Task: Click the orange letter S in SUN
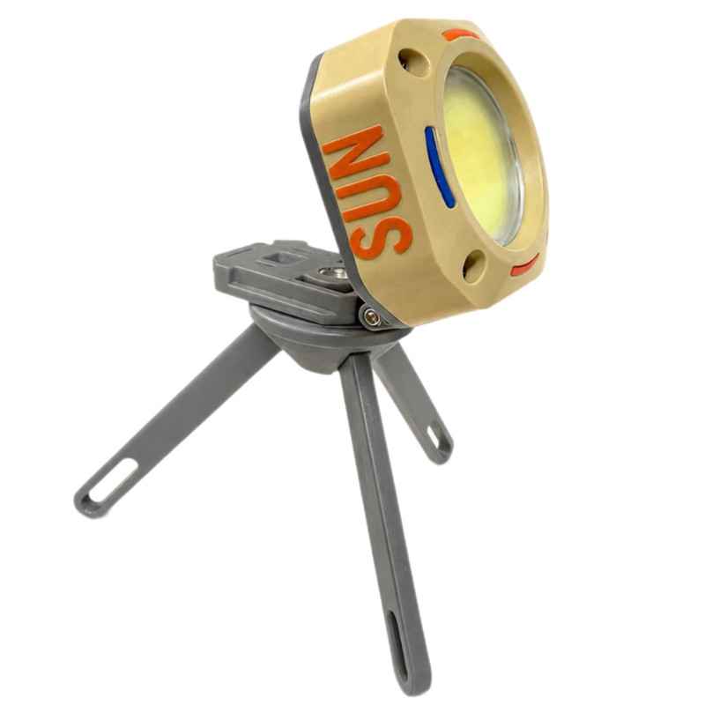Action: (381, 238)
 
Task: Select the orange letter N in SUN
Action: (355, 152)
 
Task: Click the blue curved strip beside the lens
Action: (438, 167)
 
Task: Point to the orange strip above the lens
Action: (460, 34)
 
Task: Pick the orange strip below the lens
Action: (525, 266)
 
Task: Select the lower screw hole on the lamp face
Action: (474, 266)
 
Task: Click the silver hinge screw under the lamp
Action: (370, 317)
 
